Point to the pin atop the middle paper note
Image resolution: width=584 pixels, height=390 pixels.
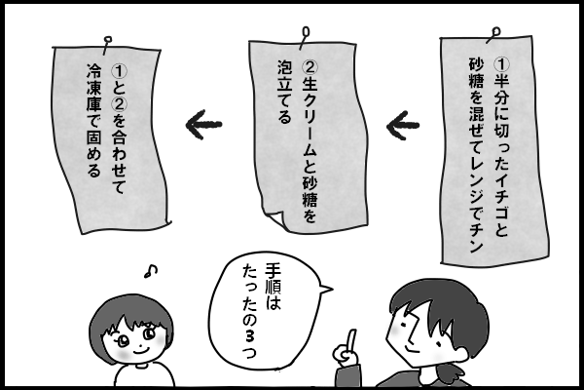tap(307, 32)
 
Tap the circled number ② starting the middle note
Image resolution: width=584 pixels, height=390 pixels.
tap(310, 69)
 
